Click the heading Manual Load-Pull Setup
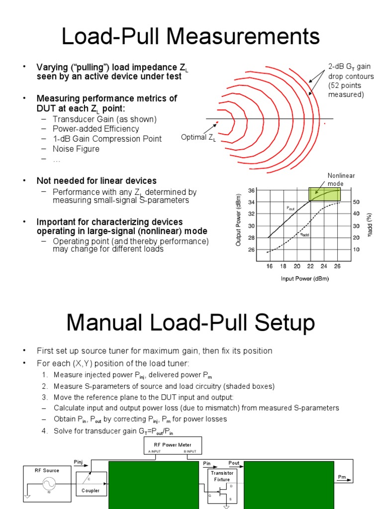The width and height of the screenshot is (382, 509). (191, 323)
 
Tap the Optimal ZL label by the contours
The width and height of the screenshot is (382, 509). (198, 138)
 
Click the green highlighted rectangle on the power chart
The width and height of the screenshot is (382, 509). (324, 194)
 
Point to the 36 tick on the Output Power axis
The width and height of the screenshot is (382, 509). (251, 190)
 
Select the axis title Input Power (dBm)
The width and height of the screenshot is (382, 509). (304, 279)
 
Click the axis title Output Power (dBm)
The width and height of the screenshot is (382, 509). (239, 221)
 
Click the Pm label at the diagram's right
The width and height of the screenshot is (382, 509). (342, 477)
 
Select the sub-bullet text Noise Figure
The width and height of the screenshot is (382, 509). (76, 149)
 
